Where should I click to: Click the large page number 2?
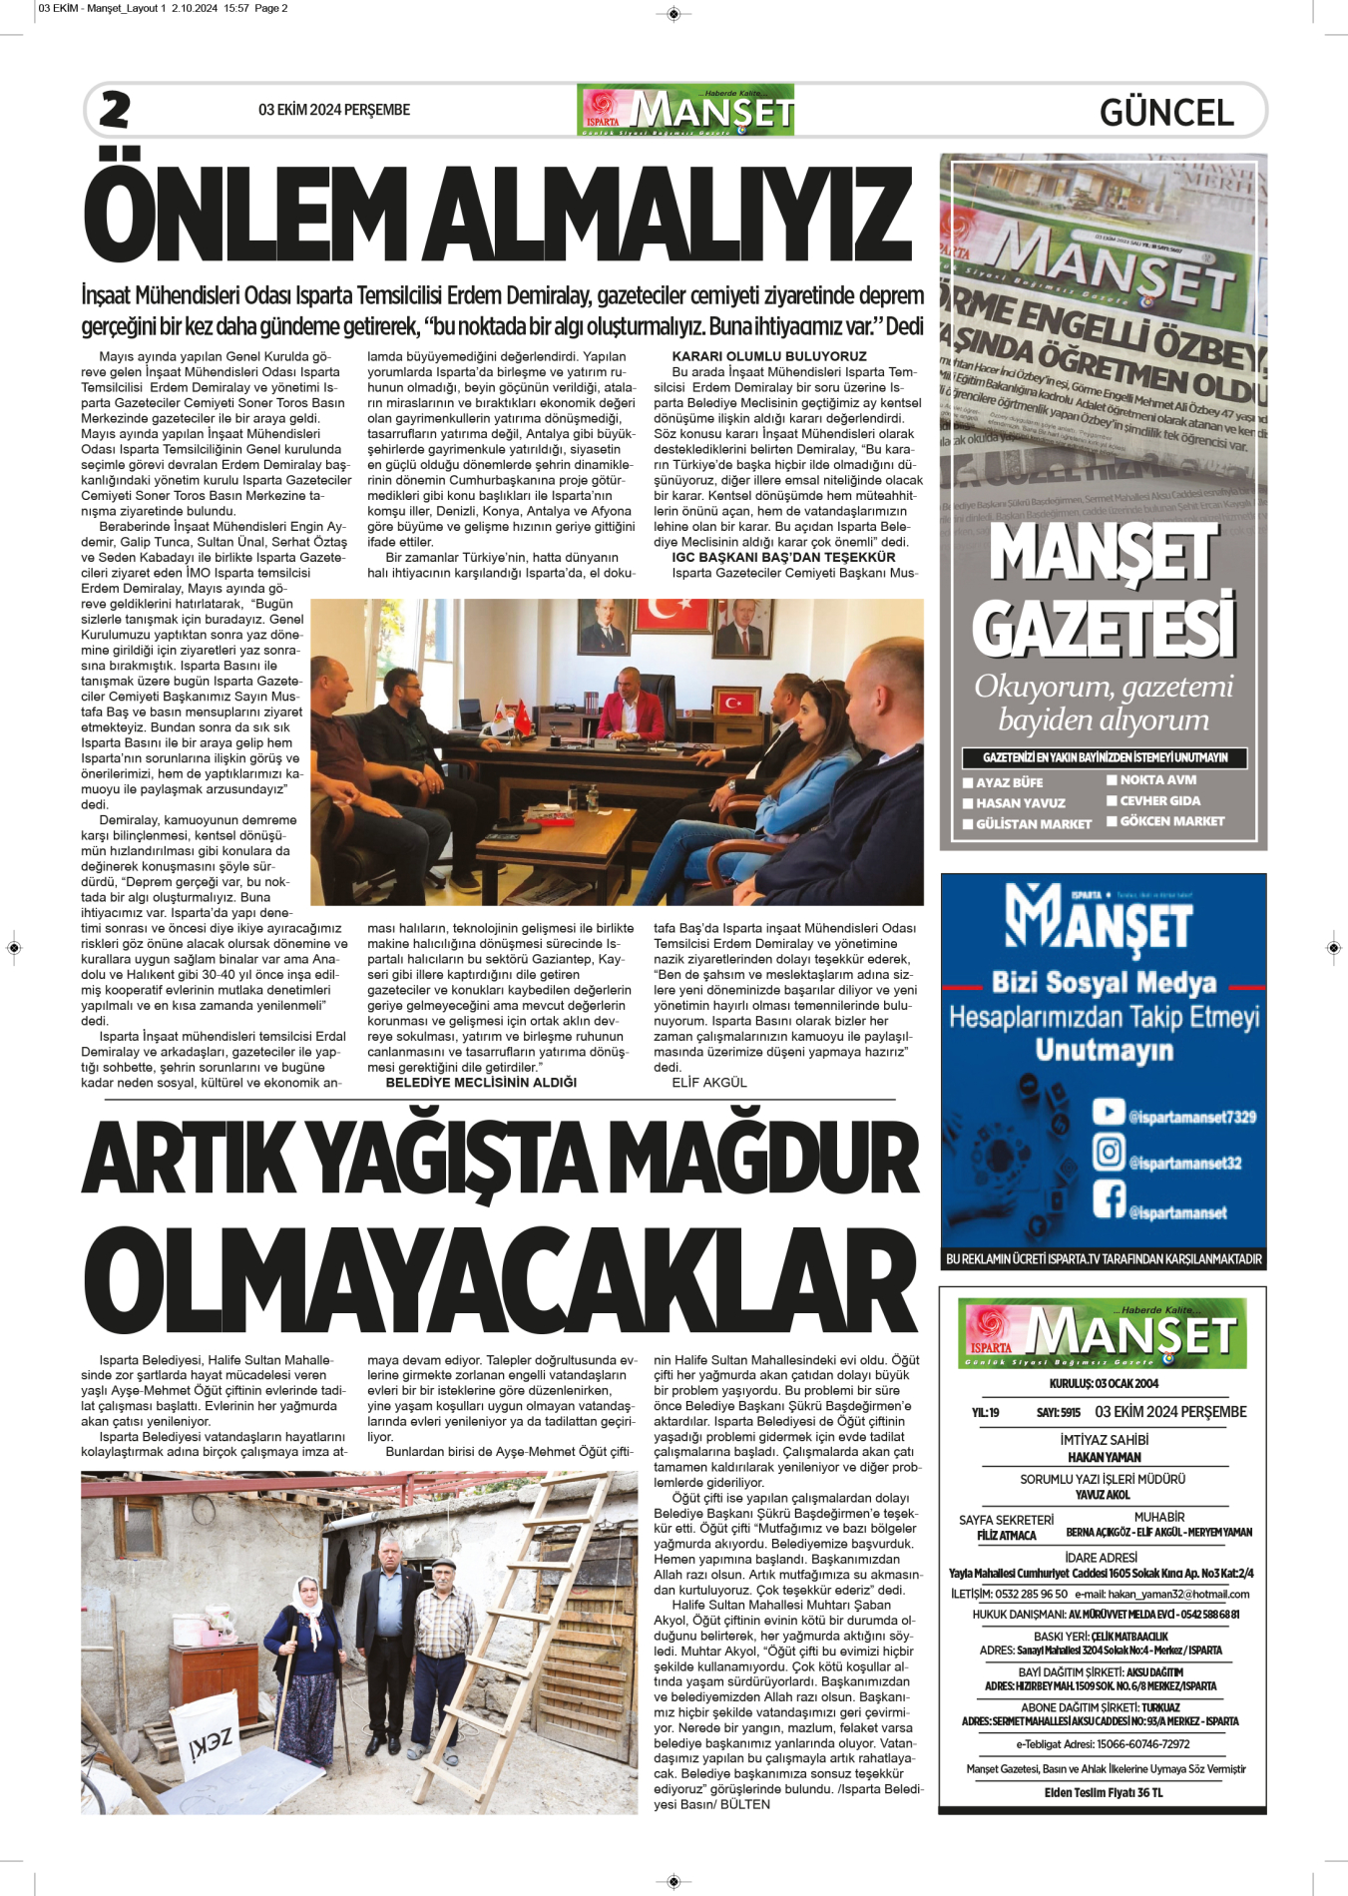pos(115,110)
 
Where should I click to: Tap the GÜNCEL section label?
pos(1166,112)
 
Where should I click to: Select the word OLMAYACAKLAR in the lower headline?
pos(502,1280)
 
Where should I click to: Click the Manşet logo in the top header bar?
pos(685,110)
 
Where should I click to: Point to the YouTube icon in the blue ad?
pos(1108,1112)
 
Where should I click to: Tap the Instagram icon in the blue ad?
pos(1108,1153)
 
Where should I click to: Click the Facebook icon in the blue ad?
pos(1108,1198)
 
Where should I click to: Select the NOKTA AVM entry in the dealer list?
pos(1157,780)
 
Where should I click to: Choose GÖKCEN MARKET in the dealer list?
pos(1171,821)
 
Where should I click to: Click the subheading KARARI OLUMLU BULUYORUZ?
pos(768,356)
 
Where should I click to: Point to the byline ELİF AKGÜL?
pos(708,1083)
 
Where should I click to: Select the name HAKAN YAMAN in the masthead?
pos(1104,1457)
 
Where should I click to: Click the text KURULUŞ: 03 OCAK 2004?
pos(1104,1383)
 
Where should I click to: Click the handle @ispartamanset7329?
pos(1191,1117)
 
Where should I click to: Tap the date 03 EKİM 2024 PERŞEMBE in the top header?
pos(333,110)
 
